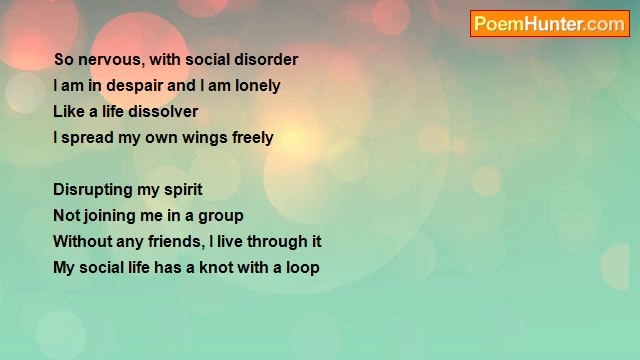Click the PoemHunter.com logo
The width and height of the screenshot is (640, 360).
pyautogui.click(x=549, y=24)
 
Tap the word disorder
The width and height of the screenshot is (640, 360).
pyautogui.click(x=264, y=60)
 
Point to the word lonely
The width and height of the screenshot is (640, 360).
pyautogui.click(x=257, y=86)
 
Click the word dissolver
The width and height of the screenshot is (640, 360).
pyautogui.click(x=163, y=112)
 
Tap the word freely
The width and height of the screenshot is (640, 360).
pyautogui.click(x=252, y=138)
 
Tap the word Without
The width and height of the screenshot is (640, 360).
pyautogui.click(x=83, y=242)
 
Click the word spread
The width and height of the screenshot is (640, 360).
pyautogui.click(x=87, y=138)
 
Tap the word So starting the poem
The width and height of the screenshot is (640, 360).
pyautogui.click(x=63, y=60)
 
